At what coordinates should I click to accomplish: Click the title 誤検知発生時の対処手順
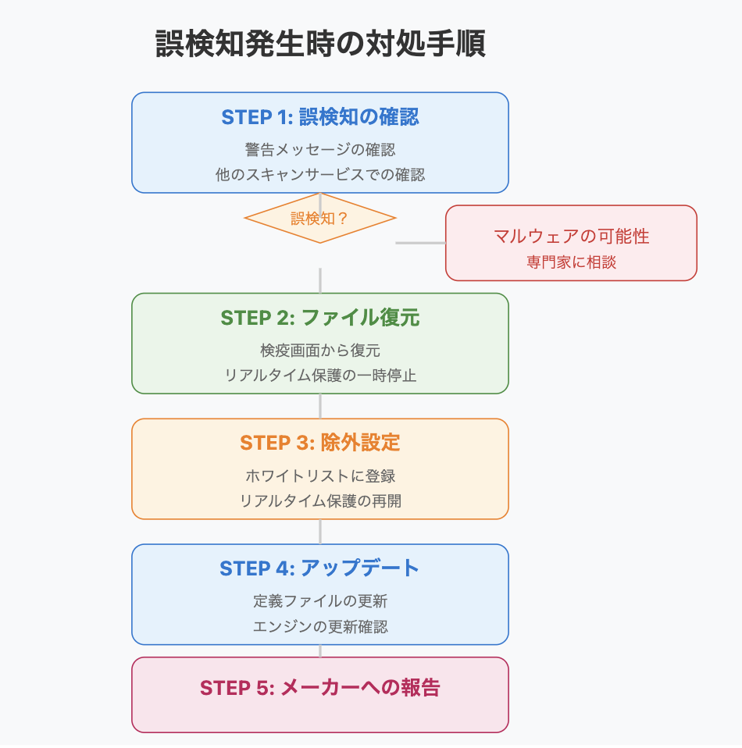320,44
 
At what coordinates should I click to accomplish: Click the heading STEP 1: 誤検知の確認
320,117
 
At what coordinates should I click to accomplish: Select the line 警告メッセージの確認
320,150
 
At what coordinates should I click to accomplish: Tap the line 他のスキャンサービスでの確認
320,175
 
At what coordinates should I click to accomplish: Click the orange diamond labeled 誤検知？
320,218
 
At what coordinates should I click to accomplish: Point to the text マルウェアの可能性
571,236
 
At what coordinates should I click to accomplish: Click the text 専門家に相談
571,262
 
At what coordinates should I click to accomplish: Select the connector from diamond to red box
420,243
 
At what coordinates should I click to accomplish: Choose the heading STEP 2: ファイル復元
320,319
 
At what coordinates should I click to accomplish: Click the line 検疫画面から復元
320,351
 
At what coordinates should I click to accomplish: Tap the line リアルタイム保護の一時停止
320,376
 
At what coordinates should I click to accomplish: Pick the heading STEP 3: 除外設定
320,443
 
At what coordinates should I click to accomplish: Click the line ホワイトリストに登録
320,476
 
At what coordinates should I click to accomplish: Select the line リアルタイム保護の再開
320,501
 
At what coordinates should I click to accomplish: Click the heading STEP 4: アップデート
320,568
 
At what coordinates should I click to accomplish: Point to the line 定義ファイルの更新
320,601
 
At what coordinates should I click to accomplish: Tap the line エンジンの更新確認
320,626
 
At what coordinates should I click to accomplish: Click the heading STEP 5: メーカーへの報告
320,689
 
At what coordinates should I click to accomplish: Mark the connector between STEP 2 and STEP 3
320,406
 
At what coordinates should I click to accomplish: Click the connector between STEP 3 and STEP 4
320,532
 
